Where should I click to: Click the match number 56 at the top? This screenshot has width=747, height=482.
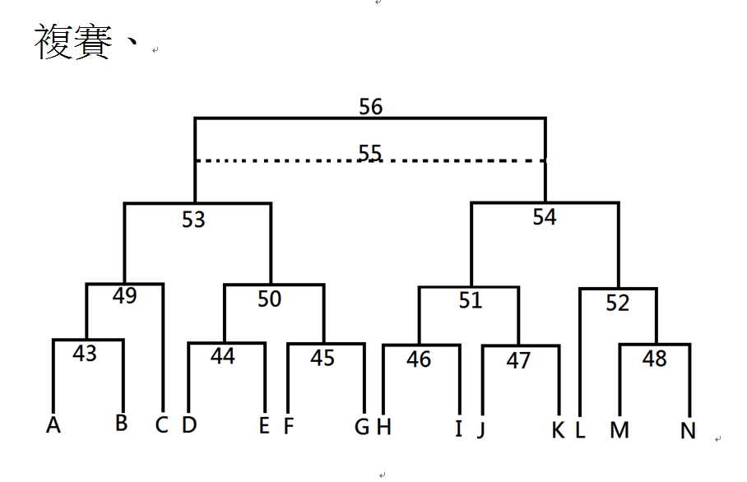[x=371, y=106]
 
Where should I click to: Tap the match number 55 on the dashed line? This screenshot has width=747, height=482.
[x=370, y=152]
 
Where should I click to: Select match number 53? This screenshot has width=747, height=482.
[x=193, y=220]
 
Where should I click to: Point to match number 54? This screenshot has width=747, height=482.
[x=545, y=217]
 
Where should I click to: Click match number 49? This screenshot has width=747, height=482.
[x=125, y=296]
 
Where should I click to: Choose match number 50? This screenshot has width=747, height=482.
[x=270, y=299]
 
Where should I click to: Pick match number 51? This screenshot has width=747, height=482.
[x=471, y=300]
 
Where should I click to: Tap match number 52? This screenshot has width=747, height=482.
[x=618, y=303]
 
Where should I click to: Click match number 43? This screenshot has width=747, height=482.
[x=85, y=354]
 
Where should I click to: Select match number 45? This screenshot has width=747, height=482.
[x=322, y=358]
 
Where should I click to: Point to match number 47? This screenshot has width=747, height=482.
[x=518, y=360]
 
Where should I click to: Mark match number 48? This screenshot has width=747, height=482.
[x=655, y=359]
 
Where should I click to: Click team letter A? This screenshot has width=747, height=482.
[x=53, y=425]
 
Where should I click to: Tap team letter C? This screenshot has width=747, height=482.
[x=161, y=425]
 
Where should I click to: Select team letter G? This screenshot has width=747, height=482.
[x=362, y=427]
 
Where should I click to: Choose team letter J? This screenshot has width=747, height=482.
[x=481, y=429]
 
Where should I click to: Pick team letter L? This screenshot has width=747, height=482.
[x=580, y=430]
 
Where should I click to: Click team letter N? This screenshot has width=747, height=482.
[x=688, y=431]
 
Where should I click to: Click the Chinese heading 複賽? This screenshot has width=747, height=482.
[x=73, y=42]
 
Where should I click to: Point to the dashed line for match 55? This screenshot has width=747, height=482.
[x=370, y=161]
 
